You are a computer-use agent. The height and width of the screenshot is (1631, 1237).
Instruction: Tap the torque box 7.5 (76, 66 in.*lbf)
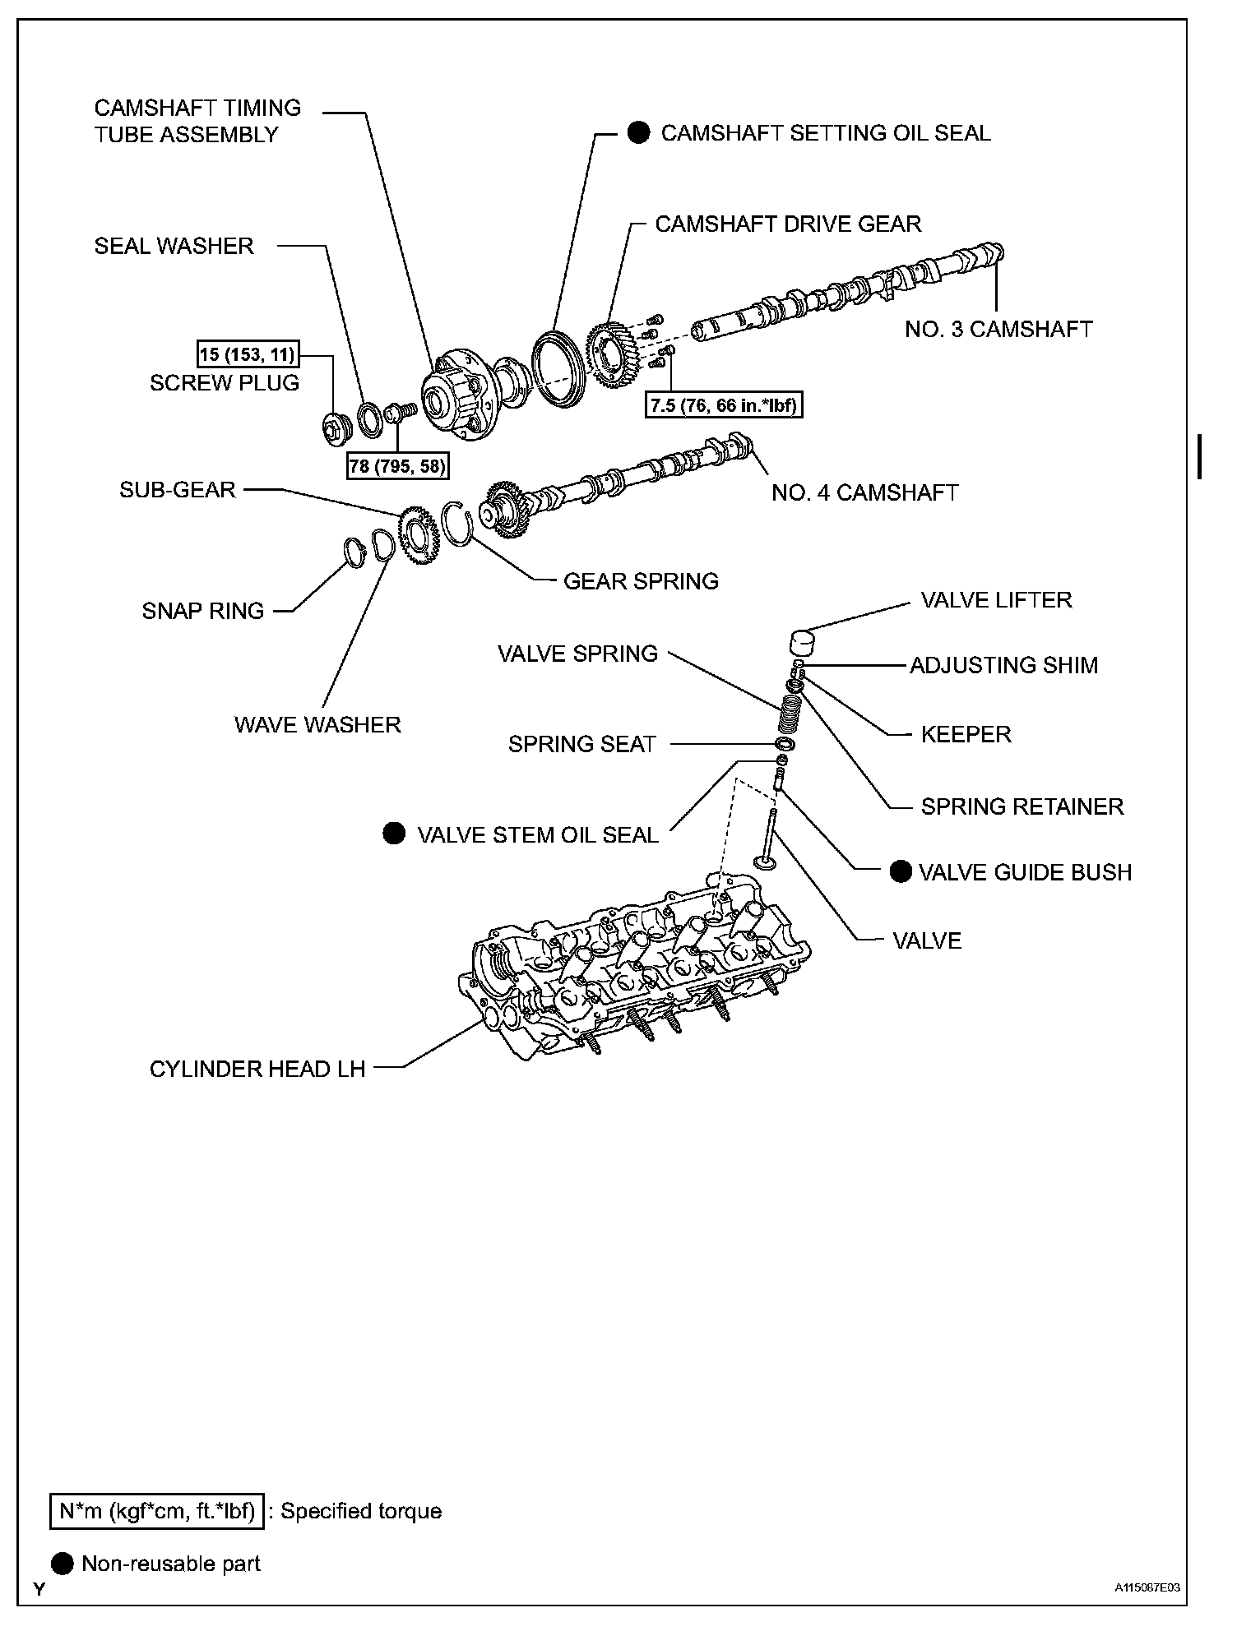(x=724, y=405)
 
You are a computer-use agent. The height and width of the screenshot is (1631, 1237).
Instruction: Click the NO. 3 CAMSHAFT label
(x=998, y=330)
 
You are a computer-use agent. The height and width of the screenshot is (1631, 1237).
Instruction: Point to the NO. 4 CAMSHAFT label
(x=864, y=492)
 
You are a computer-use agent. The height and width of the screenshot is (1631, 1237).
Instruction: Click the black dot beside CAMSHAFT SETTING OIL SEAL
(x=638, y=133)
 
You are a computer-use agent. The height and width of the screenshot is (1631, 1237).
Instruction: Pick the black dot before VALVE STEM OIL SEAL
(x=394, y=834)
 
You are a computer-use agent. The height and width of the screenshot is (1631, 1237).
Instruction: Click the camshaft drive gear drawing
(x=614, y=357)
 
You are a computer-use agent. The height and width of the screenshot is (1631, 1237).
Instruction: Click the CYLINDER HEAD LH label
(x=257, y=1069)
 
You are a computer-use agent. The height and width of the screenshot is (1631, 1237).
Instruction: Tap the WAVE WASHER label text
(x=317, y=724)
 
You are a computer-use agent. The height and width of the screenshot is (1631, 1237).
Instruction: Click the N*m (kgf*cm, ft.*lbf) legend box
(x=157, y=1511)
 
